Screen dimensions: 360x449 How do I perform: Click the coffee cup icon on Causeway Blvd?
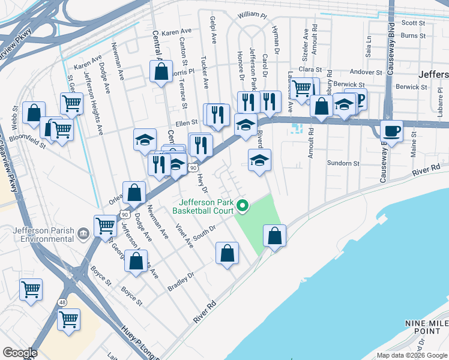pos(391,131)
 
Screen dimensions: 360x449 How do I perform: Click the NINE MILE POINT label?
pos(424,327)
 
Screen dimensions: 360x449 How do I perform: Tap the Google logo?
pos(20,353)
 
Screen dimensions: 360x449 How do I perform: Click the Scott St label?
pos(413,23)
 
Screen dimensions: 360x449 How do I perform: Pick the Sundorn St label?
pos(343,163)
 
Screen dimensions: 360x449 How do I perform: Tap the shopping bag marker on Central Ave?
pos(161,72)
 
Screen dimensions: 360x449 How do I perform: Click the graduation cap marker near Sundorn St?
pos(259,160)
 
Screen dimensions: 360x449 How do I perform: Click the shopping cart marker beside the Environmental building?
pos(105,225)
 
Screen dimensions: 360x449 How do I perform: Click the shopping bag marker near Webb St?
pos(34,112)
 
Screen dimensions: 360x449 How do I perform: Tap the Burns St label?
pos(413,36)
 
